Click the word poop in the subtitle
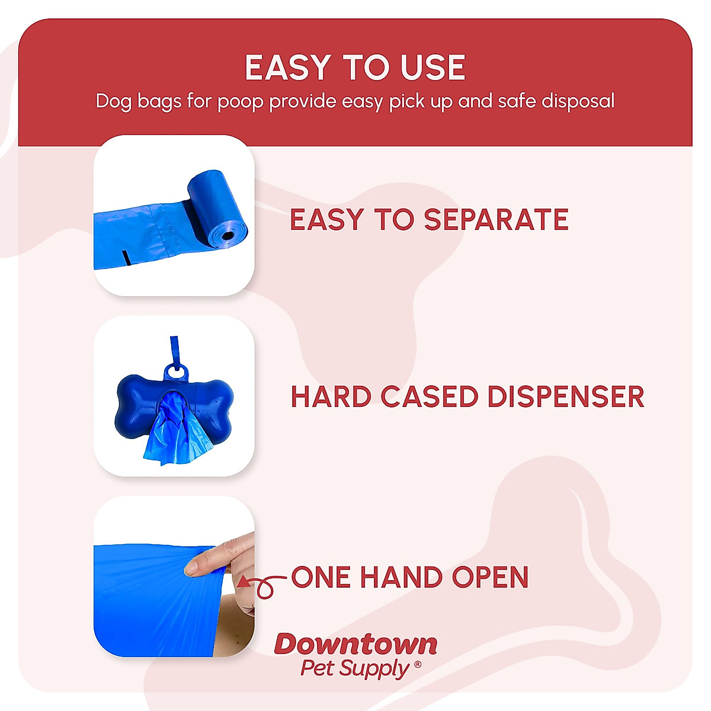pos(240,102)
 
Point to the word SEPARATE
pos(496,220)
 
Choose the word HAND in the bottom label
pos(401,577)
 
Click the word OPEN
pos(490,577)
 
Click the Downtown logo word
pos(356,644)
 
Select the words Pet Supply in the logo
pos(354,668)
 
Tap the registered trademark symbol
pos(418,665)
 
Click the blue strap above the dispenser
pos(174,350)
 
